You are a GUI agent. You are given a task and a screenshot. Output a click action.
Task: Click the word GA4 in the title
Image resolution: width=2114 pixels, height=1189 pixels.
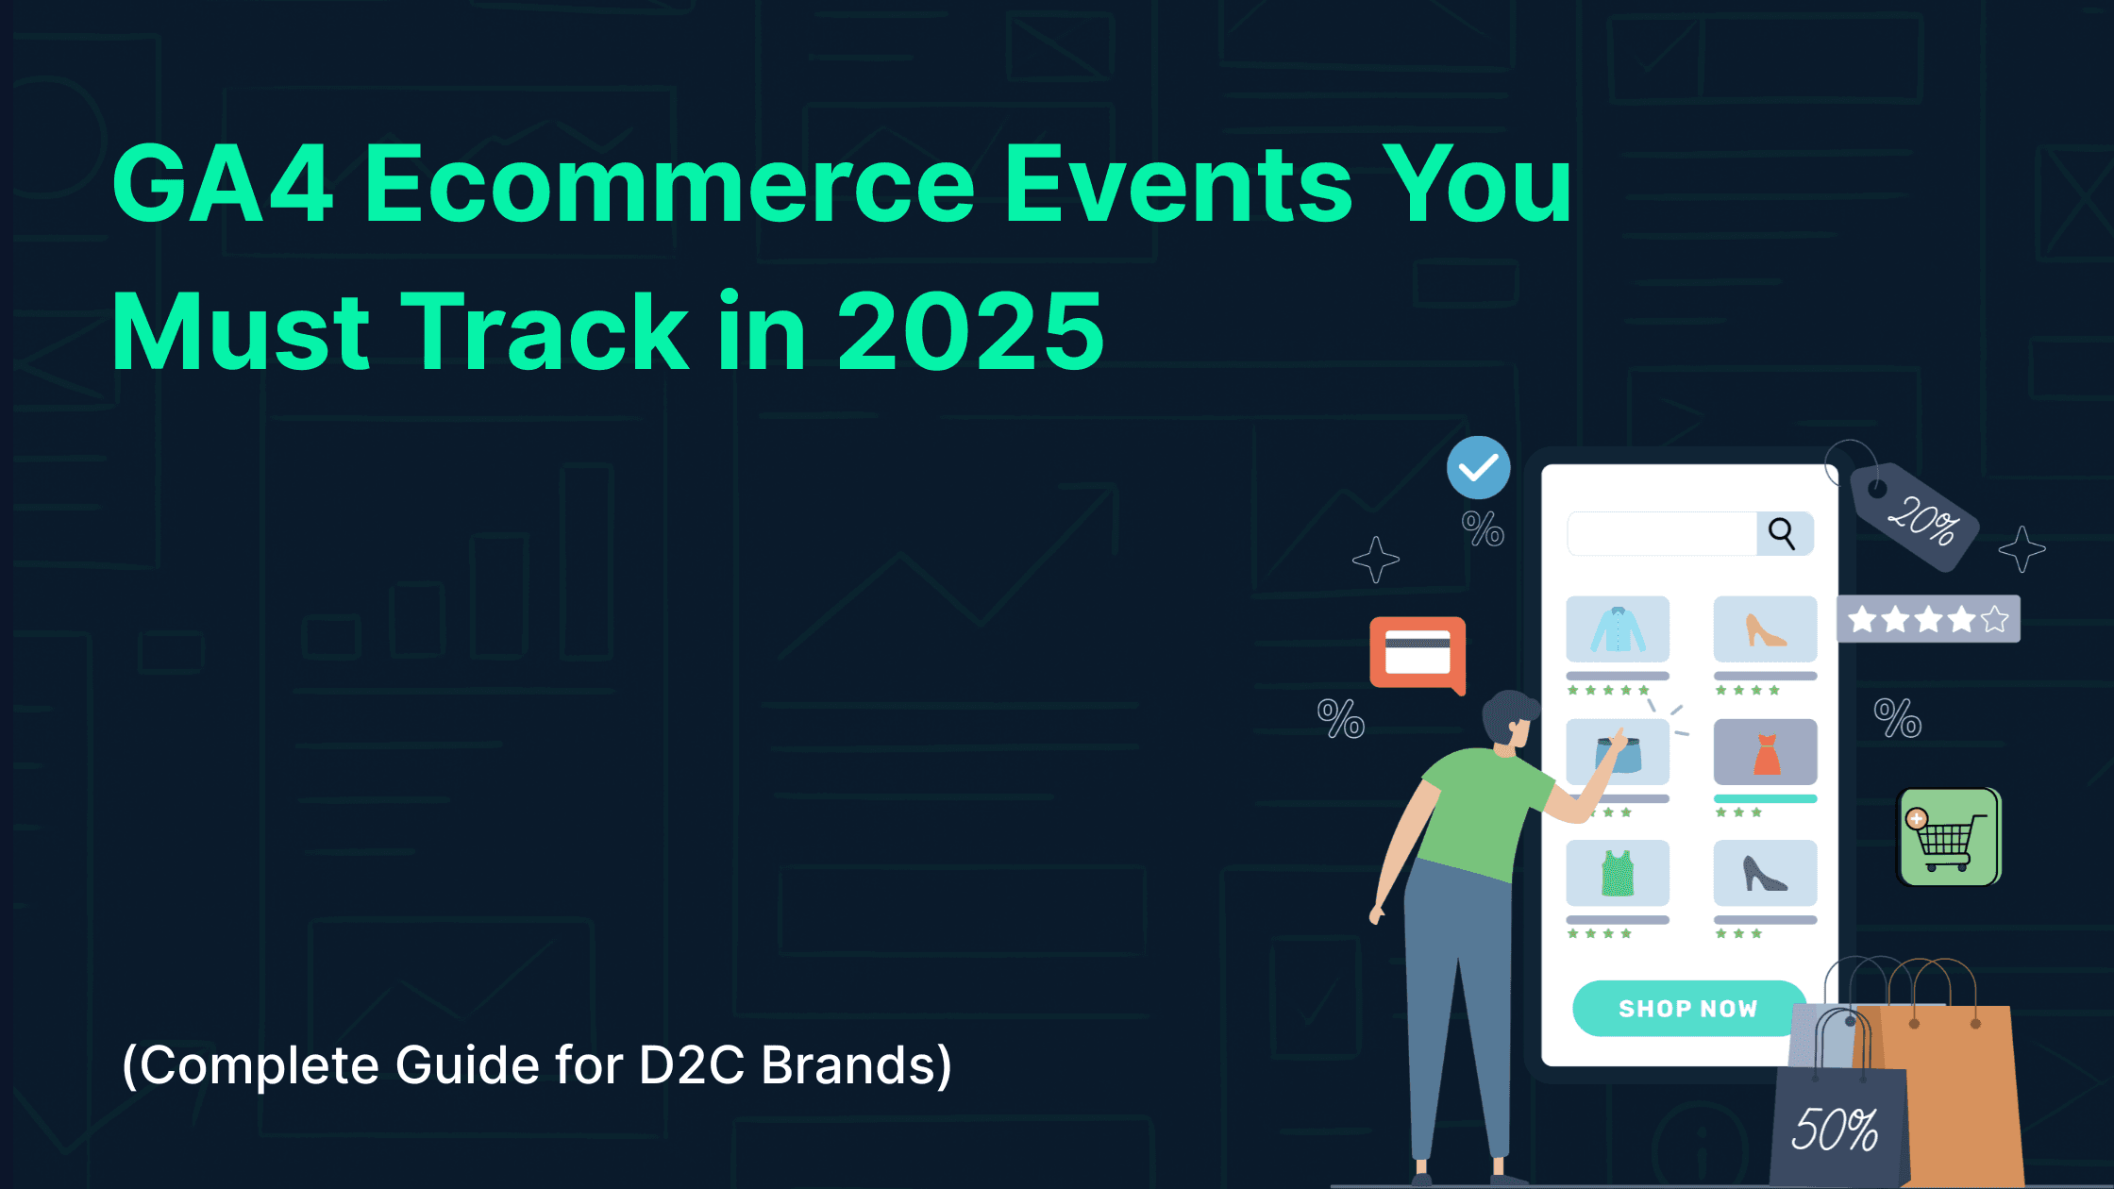[223, 184]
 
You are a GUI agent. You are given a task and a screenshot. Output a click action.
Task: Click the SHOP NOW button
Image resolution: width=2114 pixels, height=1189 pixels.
[1687, 1008]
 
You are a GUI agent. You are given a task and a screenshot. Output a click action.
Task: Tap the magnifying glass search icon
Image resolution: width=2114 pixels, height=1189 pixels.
[1782, 533]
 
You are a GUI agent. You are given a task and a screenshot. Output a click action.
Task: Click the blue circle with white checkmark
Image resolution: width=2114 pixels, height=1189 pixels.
[1478, 468]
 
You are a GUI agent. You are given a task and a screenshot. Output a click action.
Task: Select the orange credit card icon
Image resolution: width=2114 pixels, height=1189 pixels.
[1417, 652]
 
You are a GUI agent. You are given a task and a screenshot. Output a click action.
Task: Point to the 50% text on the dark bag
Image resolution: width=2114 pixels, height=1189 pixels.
[1835, 1130]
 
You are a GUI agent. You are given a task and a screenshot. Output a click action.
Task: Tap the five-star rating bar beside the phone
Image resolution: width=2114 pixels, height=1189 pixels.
[1928, 620]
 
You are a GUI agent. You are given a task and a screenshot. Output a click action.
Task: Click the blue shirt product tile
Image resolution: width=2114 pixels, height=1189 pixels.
[1617, 629]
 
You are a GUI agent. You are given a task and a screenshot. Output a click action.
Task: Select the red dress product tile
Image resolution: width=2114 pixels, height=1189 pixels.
[1765, 752]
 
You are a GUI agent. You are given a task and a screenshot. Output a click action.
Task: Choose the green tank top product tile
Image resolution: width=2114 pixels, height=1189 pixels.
[1617, 873]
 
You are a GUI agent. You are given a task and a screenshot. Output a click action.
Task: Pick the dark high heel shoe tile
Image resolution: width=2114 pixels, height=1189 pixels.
[1765, 873]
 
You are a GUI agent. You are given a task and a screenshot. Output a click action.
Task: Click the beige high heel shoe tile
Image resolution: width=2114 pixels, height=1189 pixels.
[1765, 629]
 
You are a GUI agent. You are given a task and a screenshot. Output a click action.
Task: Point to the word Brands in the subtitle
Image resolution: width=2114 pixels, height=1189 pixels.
[855, 1065]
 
